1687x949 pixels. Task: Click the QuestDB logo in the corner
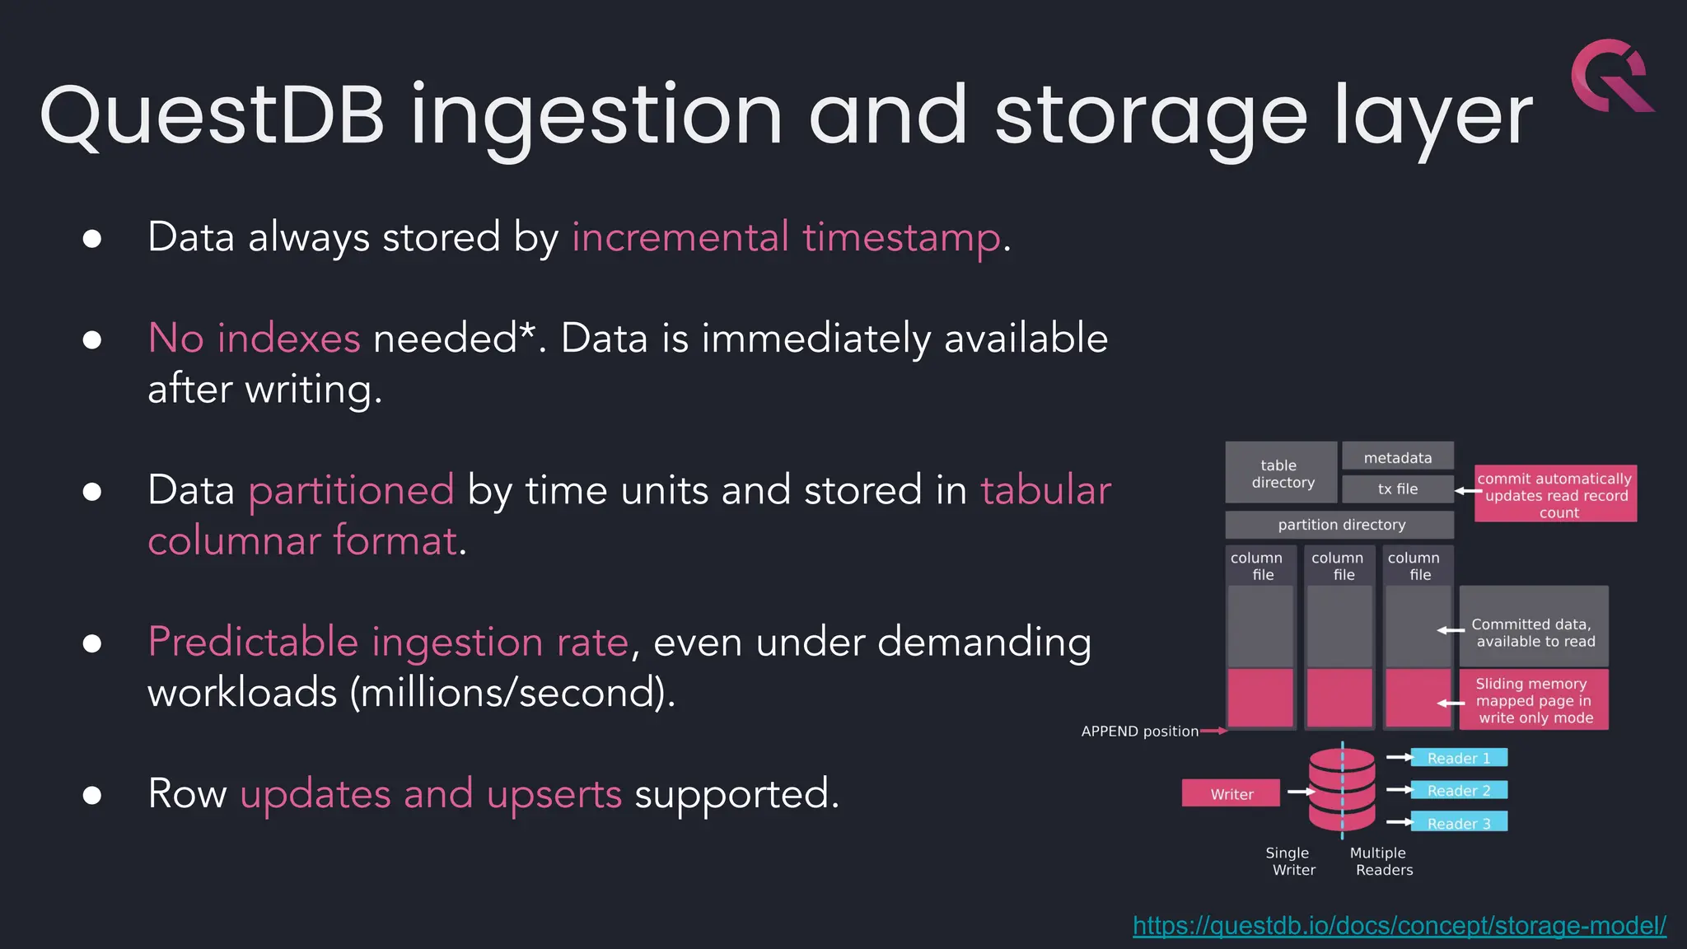(x=1611, y=76)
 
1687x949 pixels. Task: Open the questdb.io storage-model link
(x=1399, y=926)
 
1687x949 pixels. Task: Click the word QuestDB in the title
(x=213, y=115)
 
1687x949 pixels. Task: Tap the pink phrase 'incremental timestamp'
(x=786, y=237)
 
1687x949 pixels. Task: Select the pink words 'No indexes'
(x=254, y=339)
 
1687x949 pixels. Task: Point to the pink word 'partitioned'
(x=351, y=490)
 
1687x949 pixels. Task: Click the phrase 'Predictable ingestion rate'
(x=388, y=642)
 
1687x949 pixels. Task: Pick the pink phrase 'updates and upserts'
(x=431, y=793)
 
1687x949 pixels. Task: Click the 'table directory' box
(x=1281, y=473)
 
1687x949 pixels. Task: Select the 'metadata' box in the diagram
(x=1397, y=457)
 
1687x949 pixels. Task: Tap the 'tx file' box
(x=1397, y=489)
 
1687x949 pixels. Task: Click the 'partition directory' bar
(x=1340, y=525)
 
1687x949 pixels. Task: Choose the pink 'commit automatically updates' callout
(x=1554, y=494)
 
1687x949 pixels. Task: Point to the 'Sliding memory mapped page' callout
(x=1533, y=700)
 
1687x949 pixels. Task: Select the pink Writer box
(x=1231, y=793)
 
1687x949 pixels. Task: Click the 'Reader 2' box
(x=1458, y=790)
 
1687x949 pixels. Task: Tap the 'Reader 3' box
(x=1458, y=822)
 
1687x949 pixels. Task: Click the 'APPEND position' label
(x=1139, y=731)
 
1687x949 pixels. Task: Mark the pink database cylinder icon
(x=1341, y=789)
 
